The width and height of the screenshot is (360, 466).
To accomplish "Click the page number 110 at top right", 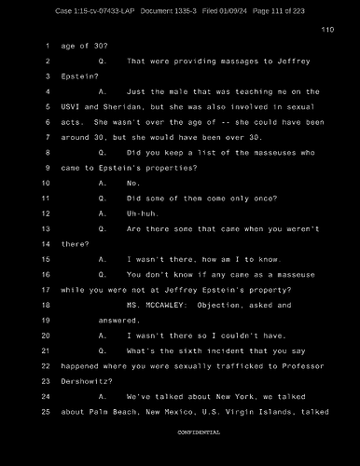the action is pos(326,30).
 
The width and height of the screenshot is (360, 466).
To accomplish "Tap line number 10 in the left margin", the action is pos(45,184).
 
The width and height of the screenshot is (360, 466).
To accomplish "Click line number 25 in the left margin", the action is pos(45,411).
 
